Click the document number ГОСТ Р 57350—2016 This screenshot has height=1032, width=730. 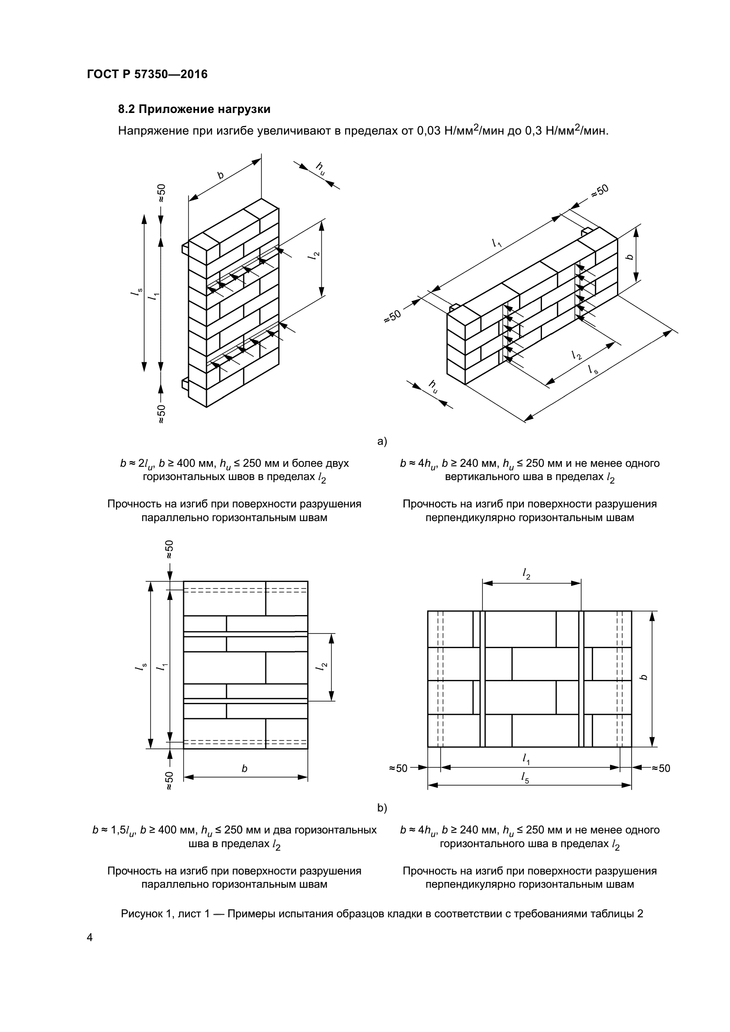coord(147,75)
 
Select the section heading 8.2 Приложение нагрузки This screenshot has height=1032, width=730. coord(194,109)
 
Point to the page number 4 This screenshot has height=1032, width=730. coord(90,938)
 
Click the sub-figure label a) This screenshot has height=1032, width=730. coord(382,441)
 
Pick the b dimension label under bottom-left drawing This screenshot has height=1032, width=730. coord(245,769)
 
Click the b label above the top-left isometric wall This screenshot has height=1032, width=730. coord(221,175)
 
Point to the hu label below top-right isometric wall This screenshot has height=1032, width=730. coord(433,387)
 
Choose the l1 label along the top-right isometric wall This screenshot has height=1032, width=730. coord(497,243)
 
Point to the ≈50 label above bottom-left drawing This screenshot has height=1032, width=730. coord(169,549)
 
